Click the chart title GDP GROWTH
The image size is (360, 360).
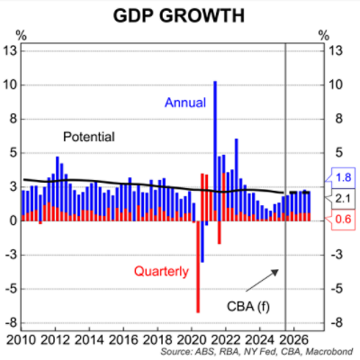pyautogui.click(x=181, y=15)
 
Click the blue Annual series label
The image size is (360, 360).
pyautogui.click(x=186, y=103)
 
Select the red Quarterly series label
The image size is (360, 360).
pyautogui.click(x=161, y=270)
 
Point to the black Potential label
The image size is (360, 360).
pyautogui.click(x=89, y=138)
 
